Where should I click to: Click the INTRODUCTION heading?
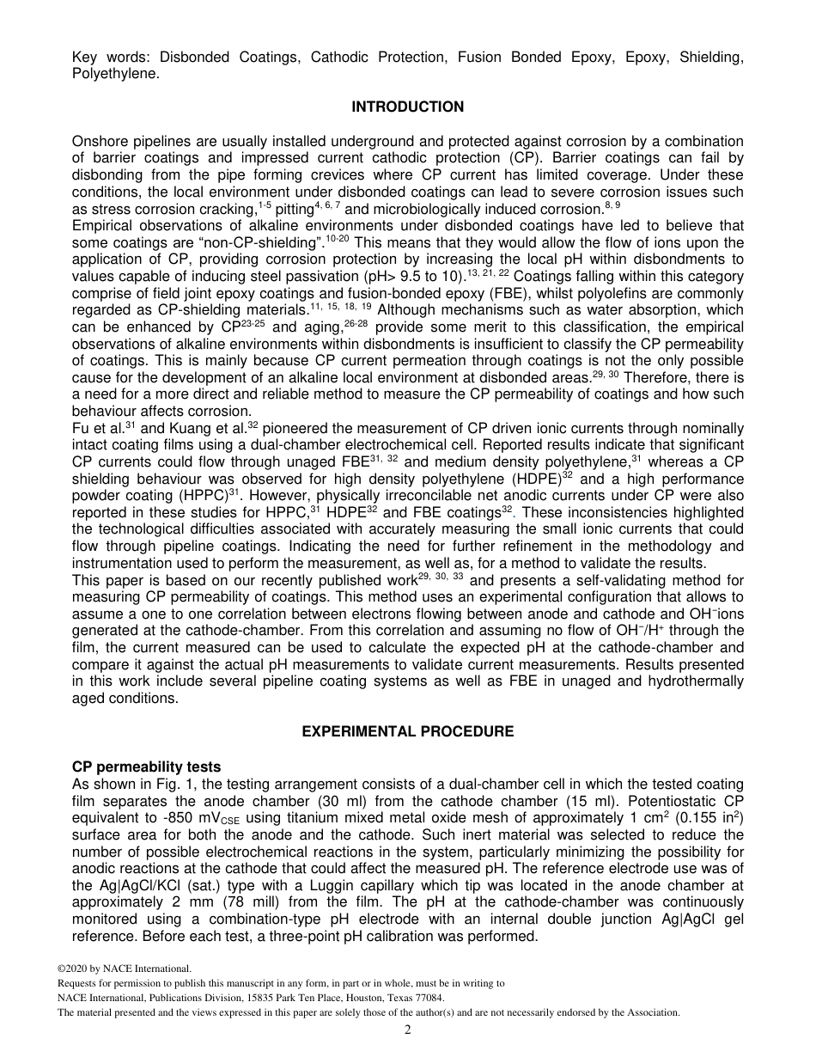(x=407, y=107)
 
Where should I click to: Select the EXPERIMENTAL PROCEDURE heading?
(x=407, y=731)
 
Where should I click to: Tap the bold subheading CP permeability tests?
(x=146, y=767)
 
